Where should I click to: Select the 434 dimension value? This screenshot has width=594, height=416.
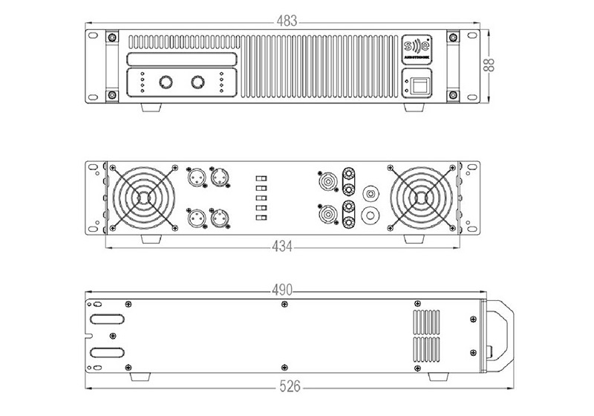pos(283,246)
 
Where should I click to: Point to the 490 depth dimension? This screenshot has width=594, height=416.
pos(282,289)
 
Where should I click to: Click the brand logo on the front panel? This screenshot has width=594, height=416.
pos(414,48)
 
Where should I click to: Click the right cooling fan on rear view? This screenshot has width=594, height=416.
pos(420,197)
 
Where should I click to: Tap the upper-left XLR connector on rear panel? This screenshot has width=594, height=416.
pos(195,178)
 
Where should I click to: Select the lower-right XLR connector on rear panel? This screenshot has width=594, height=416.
pos(221,218)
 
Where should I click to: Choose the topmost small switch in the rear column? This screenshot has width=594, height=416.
pos(261,179)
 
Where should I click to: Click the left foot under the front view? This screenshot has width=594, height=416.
pos(151,107)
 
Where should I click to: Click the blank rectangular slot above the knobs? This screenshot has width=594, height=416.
pos(183,59)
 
